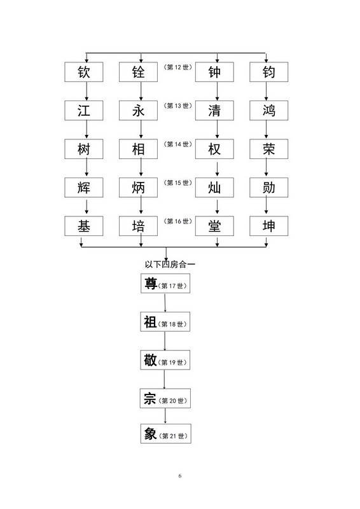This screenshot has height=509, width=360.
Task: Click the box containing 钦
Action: click(x=84, y=72)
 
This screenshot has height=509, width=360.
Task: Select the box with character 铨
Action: click(x=138, y=72)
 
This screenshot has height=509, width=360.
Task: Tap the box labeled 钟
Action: click(x=214, y=72)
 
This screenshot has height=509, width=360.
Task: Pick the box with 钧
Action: click(x=269, y=72)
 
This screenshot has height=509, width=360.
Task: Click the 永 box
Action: click(x=138, y=111)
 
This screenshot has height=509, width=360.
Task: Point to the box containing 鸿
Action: click(x=269, y=111)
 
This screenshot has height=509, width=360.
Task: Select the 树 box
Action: click(x=84, y=149)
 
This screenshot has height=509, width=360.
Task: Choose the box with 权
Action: click(x=214, y=149)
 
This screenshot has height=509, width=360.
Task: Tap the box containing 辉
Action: click(x=84, y=188)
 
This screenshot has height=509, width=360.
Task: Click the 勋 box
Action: click(x=269, y=188)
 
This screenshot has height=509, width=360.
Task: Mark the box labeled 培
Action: click(x=138, y=226)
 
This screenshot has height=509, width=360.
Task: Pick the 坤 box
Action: click(x=269, y=226)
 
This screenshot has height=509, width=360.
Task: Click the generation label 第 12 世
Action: click(x=177, y=67)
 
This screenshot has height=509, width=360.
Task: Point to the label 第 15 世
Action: click(x=177, y=183)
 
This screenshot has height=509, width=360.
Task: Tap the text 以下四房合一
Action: click(x=170, y=264)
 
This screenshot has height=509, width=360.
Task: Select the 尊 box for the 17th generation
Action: click(x=165, y=283)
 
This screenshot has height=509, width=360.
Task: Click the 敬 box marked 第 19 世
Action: click(x=165, y=359)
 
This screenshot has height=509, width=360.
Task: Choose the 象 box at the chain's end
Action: click(x=165, y=433)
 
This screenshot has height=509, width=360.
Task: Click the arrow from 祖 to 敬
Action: click(x=165, y=341)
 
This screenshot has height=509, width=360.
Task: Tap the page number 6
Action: click(x=180, y=476)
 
